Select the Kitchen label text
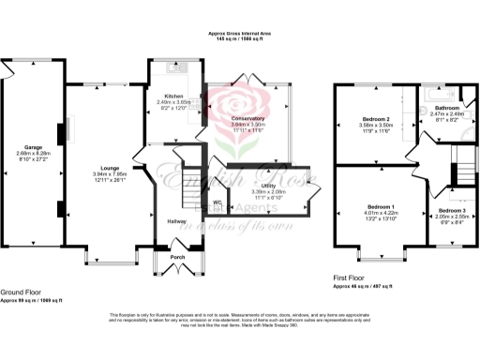pos(173,96)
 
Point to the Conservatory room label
pos(248,118)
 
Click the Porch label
pos(176,257)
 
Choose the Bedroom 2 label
pos(379,118)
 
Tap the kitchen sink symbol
pos(174,67)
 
